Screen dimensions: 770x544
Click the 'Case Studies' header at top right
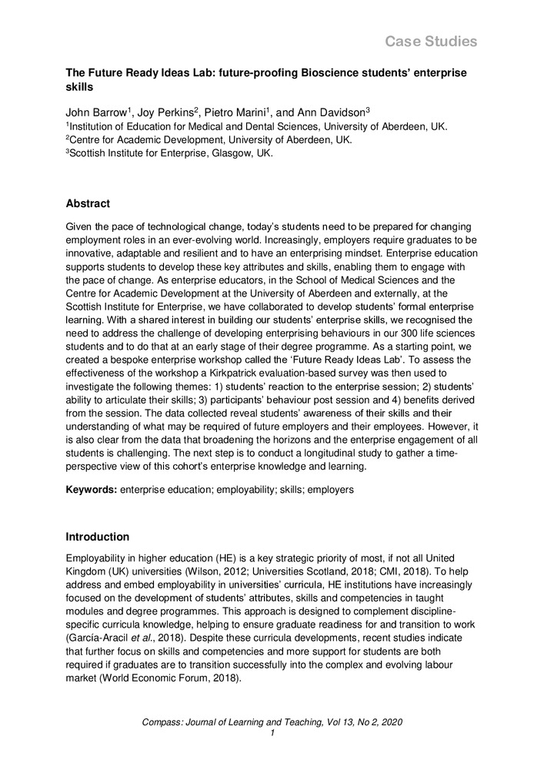[431, 41]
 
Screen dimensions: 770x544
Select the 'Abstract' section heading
[88, 204]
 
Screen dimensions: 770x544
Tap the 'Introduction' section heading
[98, 537]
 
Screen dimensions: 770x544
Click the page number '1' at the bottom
[272, 733]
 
